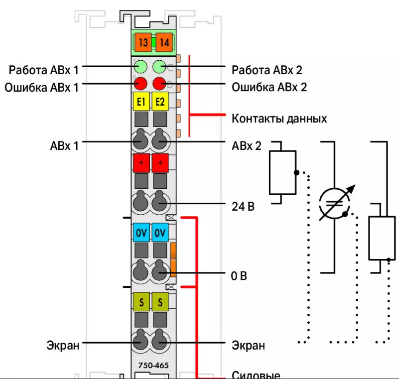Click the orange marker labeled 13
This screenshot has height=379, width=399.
[143, 43]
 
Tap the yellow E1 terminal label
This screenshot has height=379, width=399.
[141, 102]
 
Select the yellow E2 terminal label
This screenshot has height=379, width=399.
[160, 102]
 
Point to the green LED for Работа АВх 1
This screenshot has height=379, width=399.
[140, 66]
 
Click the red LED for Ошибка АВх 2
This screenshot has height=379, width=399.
[159, 83]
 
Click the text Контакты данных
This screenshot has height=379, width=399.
[279, 119]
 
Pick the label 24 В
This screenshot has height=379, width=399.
[244, 205]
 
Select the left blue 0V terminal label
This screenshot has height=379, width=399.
[140, 233]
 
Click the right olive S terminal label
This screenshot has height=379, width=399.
[160, 302]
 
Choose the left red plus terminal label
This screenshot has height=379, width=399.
[141, 163]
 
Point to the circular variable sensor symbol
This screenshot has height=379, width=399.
[335, 204]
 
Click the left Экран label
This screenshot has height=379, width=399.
[63, 345]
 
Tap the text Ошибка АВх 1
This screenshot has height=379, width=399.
[42, 88]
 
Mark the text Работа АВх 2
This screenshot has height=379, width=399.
[267, 70]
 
